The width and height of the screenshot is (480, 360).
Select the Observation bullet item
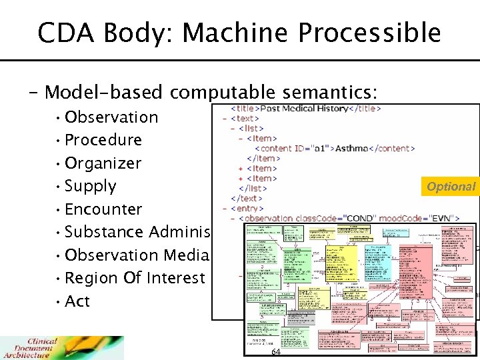tap(111, 117)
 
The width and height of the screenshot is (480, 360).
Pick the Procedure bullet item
tap(103, 140)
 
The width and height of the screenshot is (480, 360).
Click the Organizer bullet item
tap(103, 163)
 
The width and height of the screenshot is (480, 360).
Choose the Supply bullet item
tap(91, 186)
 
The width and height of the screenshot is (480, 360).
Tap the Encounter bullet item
tap(103, 209)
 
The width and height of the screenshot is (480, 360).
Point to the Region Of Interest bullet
tap(135, 278)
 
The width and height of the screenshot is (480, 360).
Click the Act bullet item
tap(77, 301)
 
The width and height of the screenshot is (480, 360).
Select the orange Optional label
tap(451, 187)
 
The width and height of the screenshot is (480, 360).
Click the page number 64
tap(276, 351)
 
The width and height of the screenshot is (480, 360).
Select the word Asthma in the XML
tap(351, 148)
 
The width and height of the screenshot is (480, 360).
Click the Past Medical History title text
tap(304, 108)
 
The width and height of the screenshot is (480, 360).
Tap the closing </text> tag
tap(246, 198)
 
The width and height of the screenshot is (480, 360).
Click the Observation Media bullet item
tap(137, 255)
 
